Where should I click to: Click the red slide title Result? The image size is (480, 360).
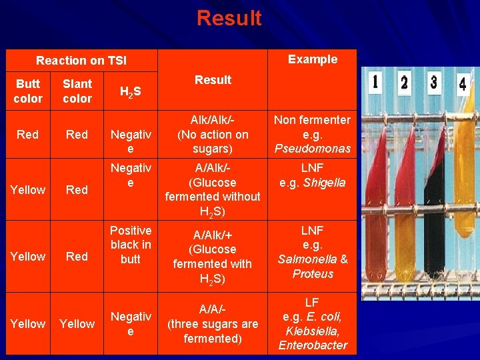click(x=229, y=18)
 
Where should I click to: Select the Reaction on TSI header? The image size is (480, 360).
click(x=81, y=61)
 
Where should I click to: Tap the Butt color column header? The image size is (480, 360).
click(x=28, y=91)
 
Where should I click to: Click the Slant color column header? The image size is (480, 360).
click(x=77, y=91)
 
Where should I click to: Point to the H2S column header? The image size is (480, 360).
click(x=129, y=93)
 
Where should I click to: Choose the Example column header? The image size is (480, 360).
click(x=312, y=59)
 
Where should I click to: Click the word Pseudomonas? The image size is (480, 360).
click(x=312, y=149)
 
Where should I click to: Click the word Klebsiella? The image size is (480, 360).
click(x=312, y=331)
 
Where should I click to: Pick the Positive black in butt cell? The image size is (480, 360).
click(x=131, y=245)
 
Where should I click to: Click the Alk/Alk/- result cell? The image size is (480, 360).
click(x=212, y=134)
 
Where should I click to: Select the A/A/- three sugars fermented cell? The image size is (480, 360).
click(x=212, y=323)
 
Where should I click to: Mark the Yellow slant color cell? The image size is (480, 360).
click(x=77, y=324)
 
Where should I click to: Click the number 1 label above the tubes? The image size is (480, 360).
click(x=375, y=83)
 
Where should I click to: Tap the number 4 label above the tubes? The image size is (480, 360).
click(x=462, y=85)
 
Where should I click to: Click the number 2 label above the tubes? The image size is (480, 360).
click(x=404, y=83)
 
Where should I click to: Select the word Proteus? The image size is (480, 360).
click(x=312, y=274)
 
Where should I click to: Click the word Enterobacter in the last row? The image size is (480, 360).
click(x=312, y=345)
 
